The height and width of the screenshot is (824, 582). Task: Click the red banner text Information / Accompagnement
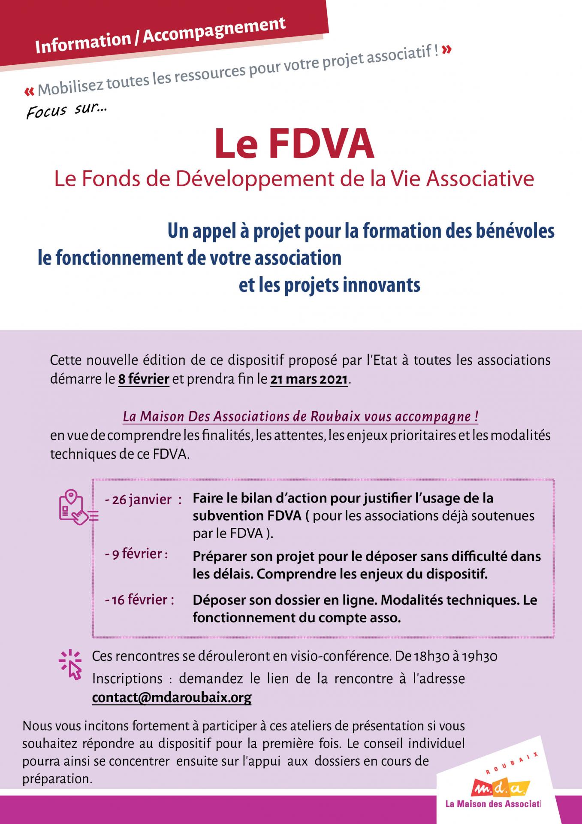pyautogui.click(x=160, y=36)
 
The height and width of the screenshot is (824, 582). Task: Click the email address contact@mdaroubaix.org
pyautogui.click(x=172, y=697)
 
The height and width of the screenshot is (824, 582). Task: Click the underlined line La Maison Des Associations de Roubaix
pyautogui.click(x=300, y=417)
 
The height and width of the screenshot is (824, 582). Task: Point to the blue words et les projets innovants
pyautogui.click(x=329, y=285)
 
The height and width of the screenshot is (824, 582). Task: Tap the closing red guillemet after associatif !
pyautogui.click(x=446, y=50)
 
